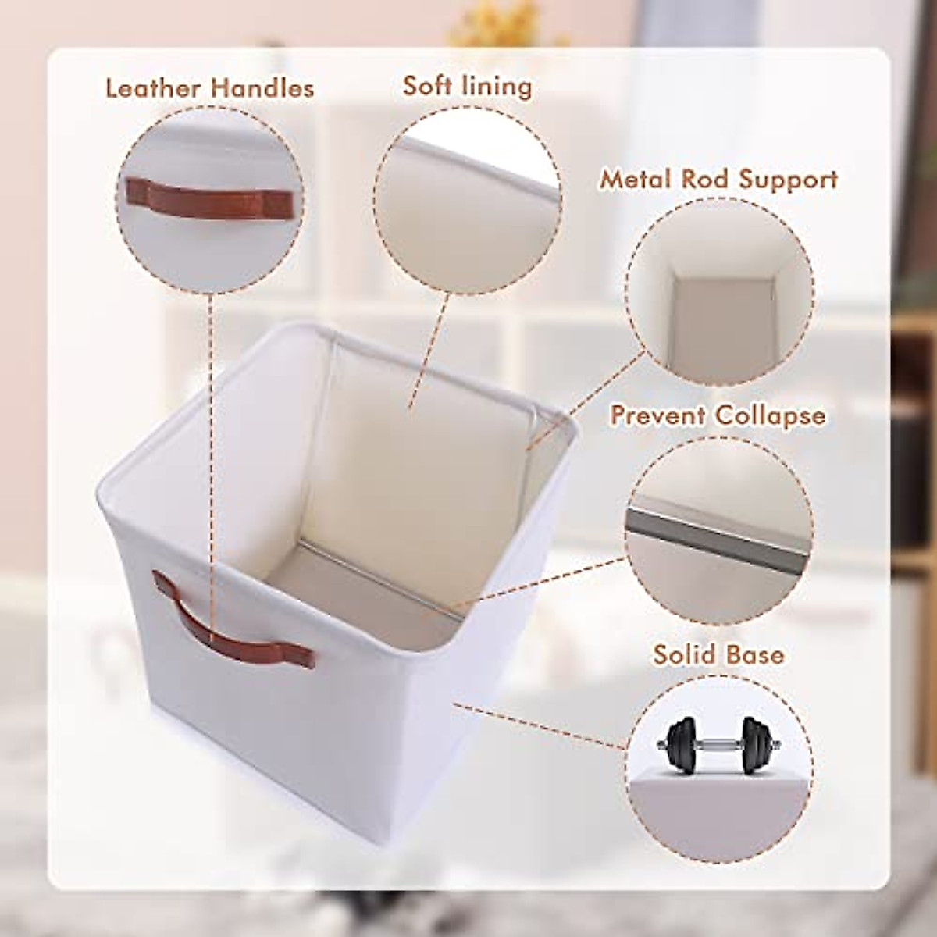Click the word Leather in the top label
pyautogui.click(x=154, y=88)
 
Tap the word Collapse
pyautogui.click(x=770, y=415)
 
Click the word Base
pyautogui.click(x=755, y=653)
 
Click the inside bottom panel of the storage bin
pyautogui.click(x=367, y=578)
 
